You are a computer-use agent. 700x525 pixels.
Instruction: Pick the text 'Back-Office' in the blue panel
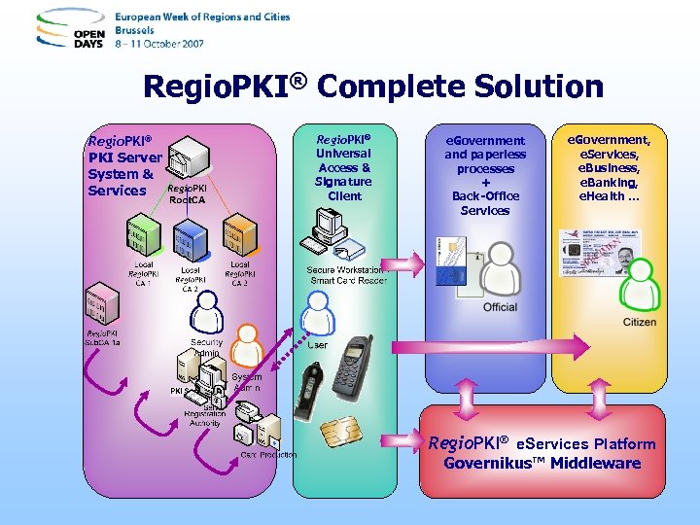pos(485,196)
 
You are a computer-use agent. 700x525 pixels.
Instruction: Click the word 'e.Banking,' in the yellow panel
pos(608,182)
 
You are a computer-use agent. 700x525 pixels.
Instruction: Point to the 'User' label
pos(317,344)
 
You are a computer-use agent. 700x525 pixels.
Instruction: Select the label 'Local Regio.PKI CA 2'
pos(191,278)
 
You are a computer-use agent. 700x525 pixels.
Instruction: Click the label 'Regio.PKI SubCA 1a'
pos(103,336)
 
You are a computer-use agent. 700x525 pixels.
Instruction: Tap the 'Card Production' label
pos(268,455)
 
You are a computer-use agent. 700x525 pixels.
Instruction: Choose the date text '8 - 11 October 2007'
pos(161,44)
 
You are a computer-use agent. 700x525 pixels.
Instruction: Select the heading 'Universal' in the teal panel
pos(344,153)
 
